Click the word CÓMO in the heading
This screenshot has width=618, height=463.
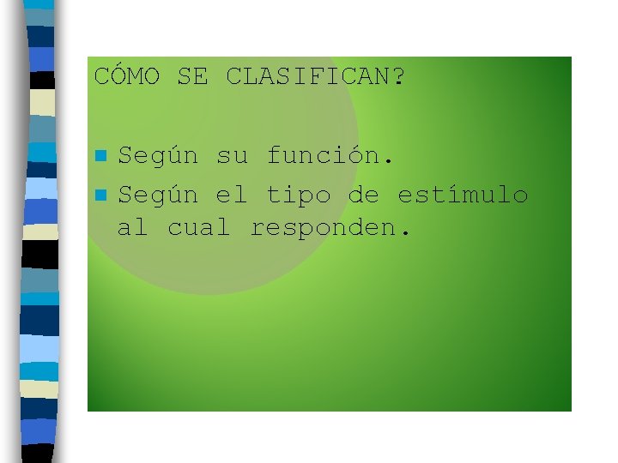pos(126,77)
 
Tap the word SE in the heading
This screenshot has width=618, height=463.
pos(192,77)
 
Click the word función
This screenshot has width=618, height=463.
pos(324,157)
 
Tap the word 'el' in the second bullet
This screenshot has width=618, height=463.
pos(232,195)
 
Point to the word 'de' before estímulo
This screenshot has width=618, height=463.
pos(364,195)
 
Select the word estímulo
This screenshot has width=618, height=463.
pos(463,195)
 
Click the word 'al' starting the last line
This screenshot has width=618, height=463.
pos(133,228)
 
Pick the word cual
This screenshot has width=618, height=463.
pos(199,228)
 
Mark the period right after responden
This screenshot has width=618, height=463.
pos(406,235)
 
